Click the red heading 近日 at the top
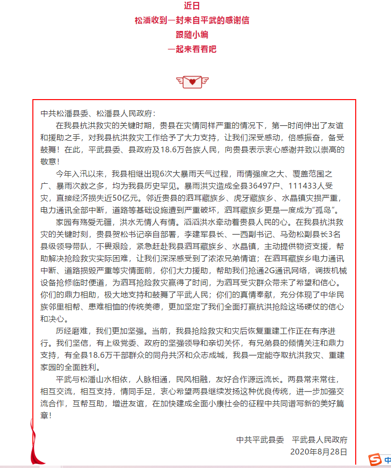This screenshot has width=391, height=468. click(x=192, y=6)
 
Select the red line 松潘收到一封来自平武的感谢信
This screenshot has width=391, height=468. click(x=192, y=21)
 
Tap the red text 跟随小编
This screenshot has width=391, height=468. click(x=192, y=35)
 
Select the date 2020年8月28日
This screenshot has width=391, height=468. click(x=319, y=452)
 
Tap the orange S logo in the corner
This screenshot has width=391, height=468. click(x=375, y=459)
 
